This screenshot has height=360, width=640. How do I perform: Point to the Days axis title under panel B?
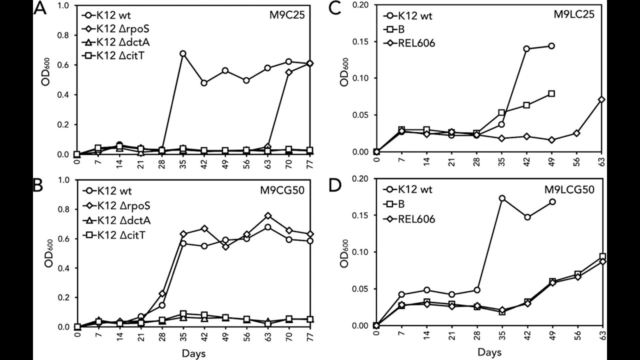pyautogui.click(x=193, y=353)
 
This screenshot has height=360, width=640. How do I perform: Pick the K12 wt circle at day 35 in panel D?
pyautogui.click(x=488, y=198)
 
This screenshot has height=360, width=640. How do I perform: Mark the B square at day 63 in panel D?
pyautogui.click(x=602, y=256)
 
